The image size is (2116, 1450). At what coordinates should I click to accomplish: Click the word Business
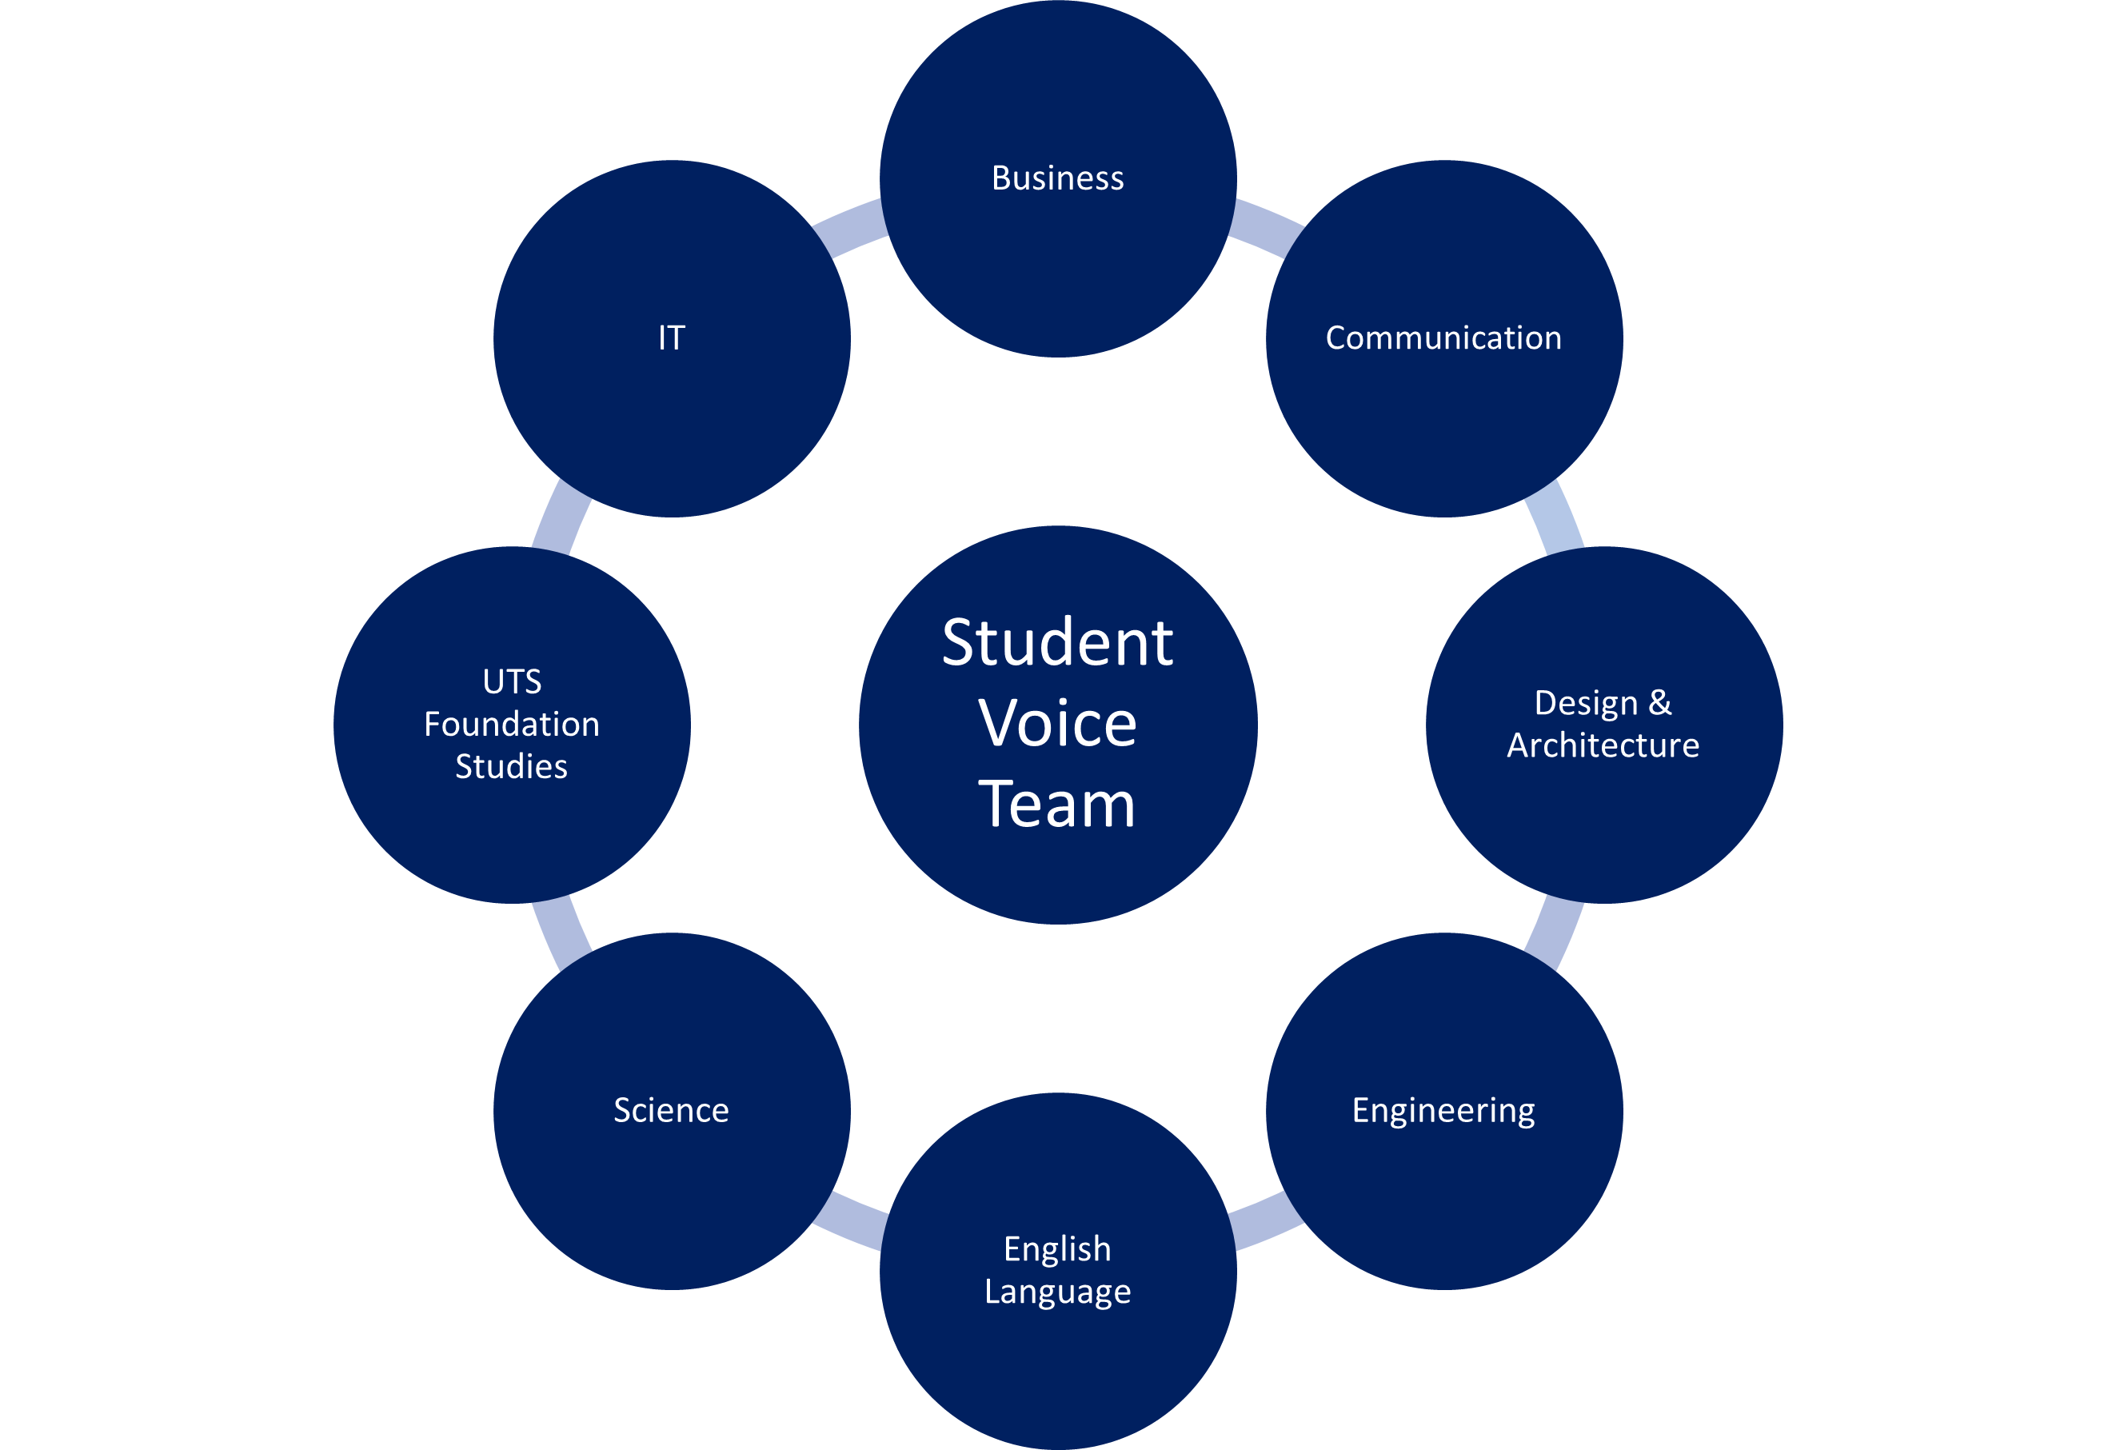tap(1057, 178)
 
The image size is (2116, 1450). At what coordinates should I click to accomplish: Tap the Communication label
tap(1443, 338)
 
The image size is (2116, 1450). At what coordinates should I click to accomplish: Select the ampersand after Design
tap(1660, 702)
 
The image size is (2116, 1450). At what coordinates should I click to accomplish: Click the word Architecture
tap(1603, 745)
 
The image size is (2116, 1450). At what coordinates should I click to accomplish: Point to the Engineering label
tap(1443, 1110)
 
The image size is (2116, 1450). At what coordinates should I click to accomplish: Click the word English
tap(1057, 1248)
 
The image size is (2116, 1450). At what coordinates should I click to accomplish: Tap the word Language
tap(1057, 1292)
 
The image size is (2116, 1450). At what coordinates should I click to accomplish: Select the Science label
tap(671, 1110)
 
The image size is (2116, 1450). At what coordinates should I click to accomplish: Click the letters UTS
tap(512, 681)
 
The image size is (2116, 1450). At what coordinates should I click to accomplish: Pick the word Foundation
tap(512, 724)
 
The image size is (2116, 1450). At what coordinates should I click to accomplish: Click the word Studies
tap(512, 767)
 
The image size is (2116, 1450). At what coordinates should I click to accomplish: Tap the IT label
tap(671, 338)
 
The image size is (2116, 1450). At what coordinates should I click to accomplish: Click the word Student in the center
tap(1057, 643)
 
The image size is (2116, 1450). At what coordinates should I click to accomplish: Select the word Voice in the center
tap(1057, 724)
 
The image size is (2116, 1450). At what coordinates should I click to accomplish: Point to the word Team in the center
tap(1057, 805)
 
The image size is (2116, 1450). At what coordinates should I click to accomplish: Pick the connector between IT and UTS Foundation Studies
tap(561, 517)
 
